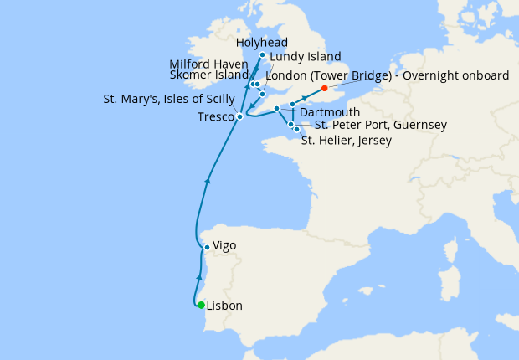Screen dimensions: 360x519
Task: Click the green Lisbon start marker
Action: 201,305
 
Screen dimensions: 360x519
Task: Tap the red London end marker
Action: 324,86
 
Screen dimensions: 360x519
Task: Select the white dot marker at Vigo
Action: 207,247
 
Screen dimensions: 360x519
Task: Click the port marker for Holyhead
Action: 263,56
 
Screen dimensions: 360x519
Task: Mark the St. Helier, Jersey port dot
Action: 296,130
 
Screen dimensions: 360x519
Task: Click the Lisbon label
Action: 224,306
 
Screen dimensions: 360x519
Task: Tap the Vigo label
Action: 224,246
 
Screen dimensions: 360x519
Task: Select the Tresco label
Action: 216,116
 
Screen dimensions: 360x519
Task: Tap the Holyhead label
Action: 262,42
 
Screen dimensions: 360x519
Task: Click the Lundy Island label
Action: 301,58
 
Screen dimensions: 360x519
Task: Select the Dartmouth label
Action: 330,112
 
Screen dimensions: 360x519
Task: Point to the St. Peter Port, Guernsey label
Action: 380,126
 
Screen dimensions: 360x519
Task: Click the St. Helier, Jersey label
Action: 346,141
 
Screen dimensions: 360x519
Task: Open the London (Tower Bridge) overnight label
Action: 387,75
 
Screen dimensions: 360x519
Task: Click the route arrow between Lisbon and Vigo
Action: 198,277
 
